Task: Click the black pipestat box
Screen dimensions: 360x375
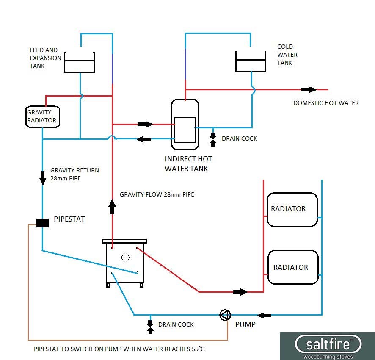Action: coord(42,222)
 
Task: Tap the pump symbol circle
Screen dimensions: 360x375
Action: coord(225,315)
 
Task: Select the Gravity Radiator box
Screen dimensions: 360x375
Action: coord(42,116)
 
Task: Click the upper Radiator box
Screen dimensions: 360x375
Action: coord(292,209)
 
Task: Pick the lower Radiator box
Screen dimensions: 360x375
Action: coord(292,267)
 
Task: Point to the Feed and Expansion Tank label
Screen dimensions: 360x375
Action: coord(45,58)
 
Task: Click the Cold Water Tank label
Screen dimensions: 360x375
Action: coord(287,55)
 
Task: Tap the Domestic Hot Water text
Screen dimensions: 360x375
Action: coord(326,103)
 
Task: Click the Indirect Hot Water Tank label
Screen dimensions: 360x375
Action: coord(188,164)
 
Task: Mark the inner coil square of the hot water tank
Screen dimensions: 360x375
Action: coord(185,130)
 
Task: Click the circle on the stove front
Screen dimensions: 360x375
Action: coord(125,257)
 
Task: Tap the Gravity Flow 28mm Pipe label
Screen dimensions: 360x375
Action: coord(157,194)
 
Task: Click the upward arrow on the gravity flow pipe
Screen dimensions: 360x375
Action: coord(112,207)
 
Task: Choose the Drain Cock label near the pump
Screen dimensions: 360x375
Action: coord(176,324)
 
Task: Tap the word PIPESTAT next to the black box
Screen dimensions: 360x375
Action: coord(69,219)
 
